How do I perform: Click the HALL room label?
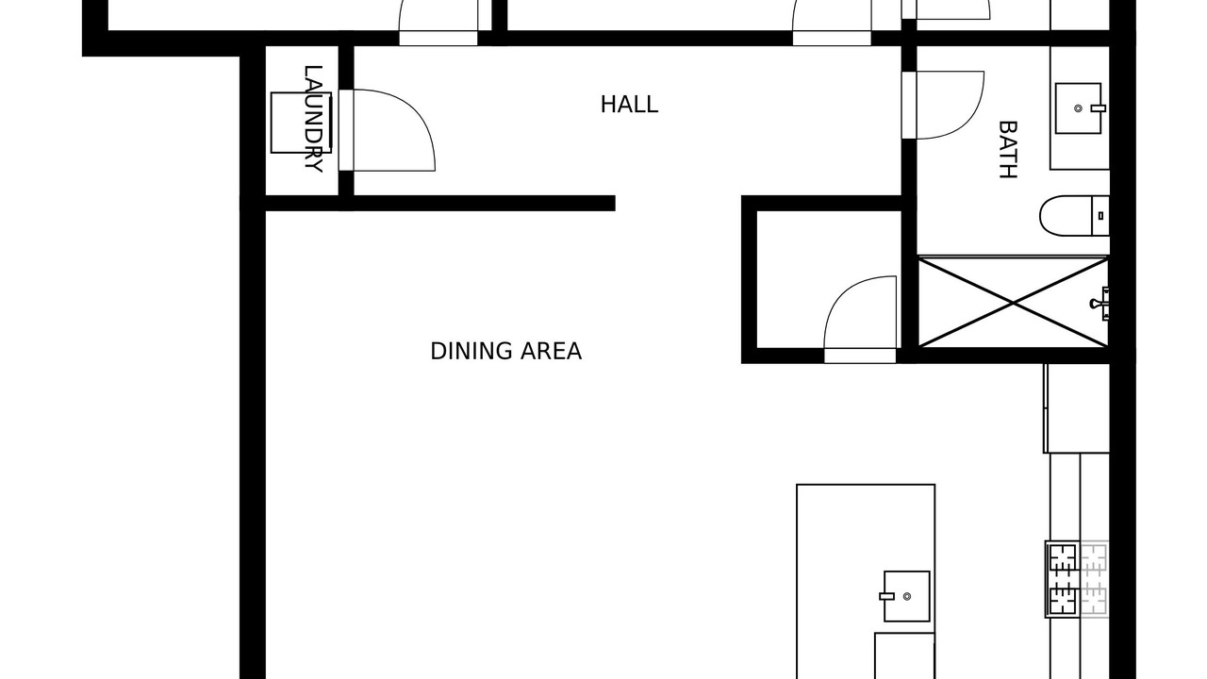point(629,105)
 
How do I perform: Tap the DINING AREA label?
point(506,352)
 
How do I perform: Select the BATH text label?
point(1008,149)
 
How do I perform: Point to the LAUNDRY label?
point(314,119)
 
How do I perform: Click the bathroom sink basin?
point(1078,108)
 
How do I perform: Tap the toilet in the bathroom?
point(1074,216)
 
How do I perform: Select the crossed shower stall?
point(1013,303)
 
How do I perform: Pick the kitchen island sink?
point(907,596)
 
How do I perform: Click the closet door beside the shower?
point(860,319)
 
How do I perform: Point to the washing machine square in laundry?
point(301,123)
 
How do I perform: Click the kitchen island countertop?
point(866,582)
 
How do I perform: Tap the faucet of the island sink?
point(887,596)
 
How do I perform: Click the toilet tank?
point(1100,216)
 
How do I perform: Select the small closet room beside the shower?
point(829,279)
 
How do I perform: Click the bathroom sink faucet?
point(1099,108)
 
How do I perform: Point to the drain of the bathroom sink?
point(1078,108)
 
